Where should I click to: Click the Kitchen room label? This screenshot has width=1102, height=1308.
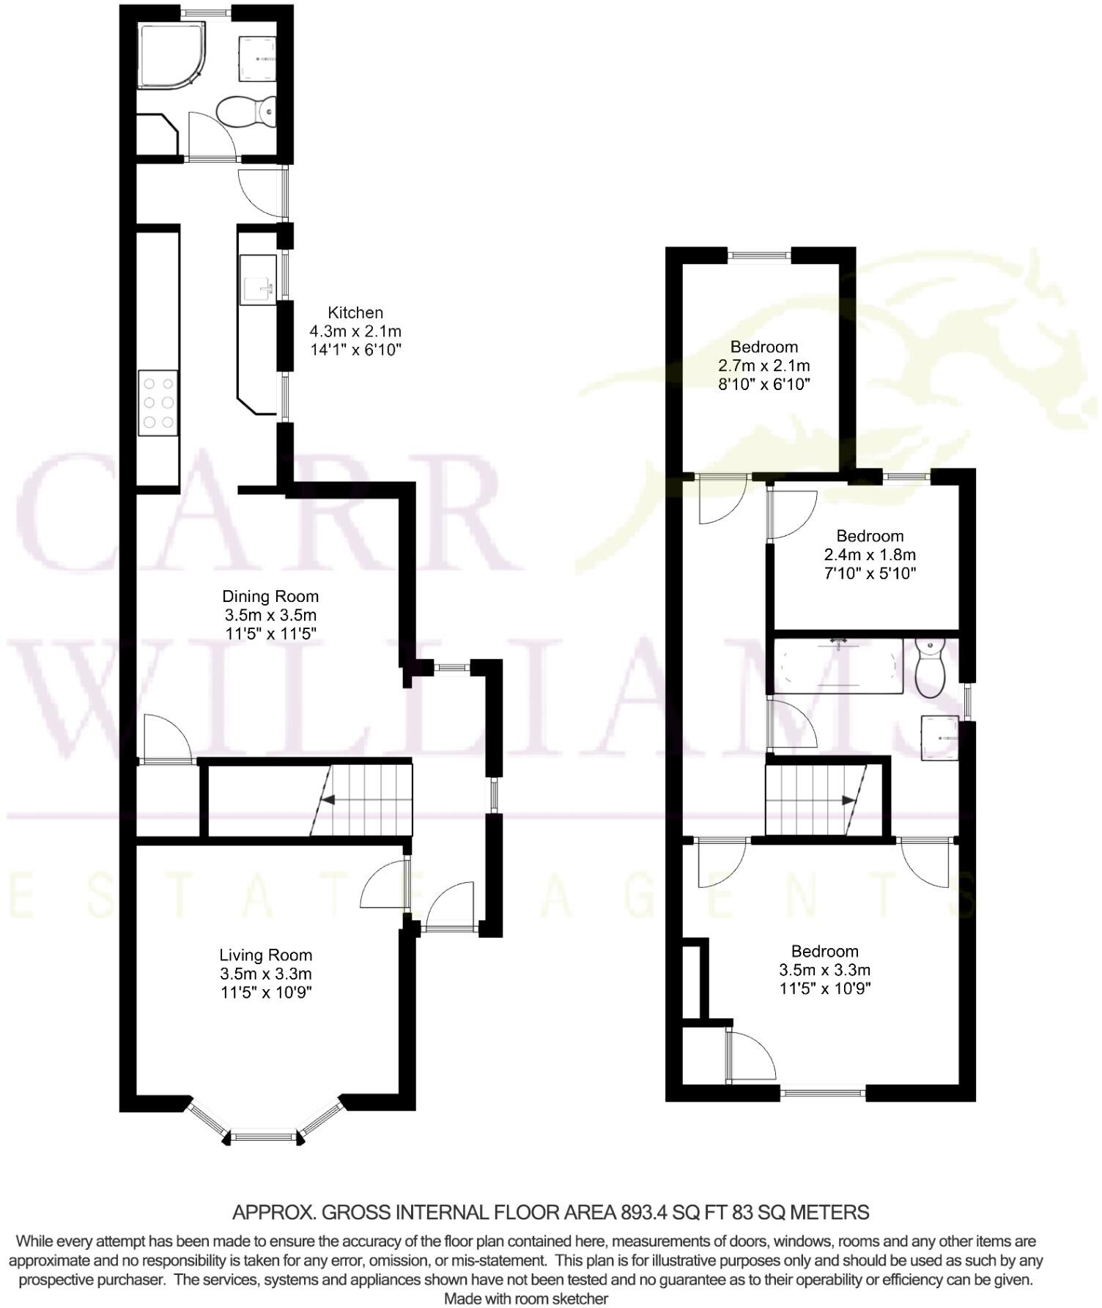pyautogui.click(x=355, y=313)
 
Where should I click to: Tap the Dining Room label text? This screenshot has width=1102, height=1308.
pyautogui.click(x=270, y=597)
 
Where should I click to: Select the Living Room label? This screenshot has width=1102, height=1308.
pyautogui.click(x=266, y=955)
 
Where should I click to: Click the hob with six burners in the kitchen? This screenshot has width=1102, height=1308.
pyautogui.click(x=158, y=402)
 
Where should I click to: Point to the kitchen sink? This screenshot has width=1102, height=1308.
pyautogui.click(x=259, y=280)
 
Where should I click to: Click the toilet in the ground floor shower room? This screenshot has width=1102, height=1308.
pyautogui.click(x=245, y=112)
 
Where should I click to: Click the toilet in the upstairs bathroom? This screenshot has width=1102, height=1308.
pyautogui.click(x=930, y=669)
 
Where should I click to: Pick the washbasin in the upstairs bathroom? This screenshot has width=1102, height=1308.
pyautogui.click(x=939, y=737)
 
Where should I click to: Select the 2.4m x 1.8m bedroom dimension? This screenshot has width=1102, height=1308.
pyautogui.click(x=870, y=555)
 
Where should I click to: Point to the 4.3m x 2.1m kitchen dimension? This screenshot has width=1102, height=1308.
pyautogui.click(x=355, y=331)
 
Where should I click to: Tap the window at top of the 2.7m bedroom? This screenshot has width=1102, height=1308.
pyautogui.click(x=760, y=255)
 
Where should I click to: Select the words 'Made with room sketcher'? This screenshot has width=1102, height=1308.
pyautogui.click(x=526, y=1299)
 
